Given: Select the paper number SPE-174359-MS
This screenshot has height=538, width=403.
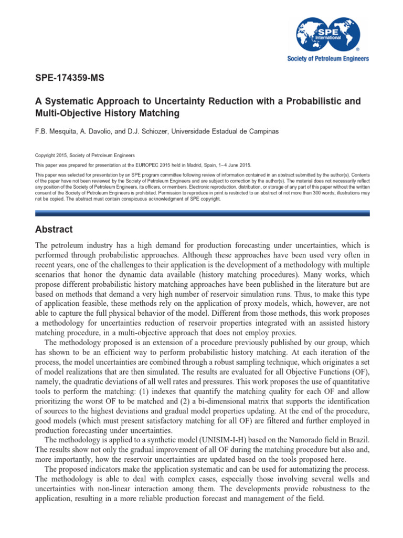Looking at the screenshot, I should [70, 79].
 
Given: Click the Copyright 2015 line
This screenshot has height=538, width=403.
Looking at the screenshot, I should [84, 156].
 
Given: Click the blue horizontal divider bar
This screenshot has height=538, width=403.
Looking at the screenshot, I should [202, 213].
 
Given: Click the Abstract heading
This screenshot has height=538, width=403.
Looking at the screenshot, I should [54, 230].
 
